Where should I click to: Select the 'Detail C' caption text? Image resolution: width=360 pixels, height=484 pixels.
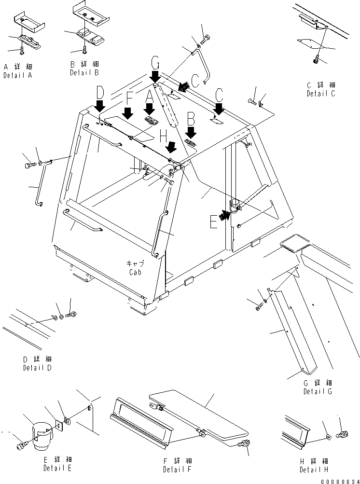tap(320, 94)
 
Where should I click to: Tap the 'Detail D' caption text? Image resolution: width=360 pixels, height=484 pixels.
tap(37, 368)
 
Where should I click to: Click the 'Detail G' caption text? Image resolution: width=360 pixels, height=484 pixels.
tap(318, 391)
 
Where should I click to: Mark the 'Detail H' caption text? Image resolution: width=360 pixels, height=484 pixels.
tap(314, 470)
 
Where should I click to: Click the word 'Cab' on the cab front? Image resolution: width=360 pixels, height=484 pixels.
tap(136, 272)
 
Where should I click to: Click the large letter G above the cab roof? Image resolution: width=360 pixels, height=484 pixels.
tap(155, 63)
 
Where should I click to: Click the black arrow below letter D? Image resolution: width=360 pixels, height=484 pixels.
tap(99, 105)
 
